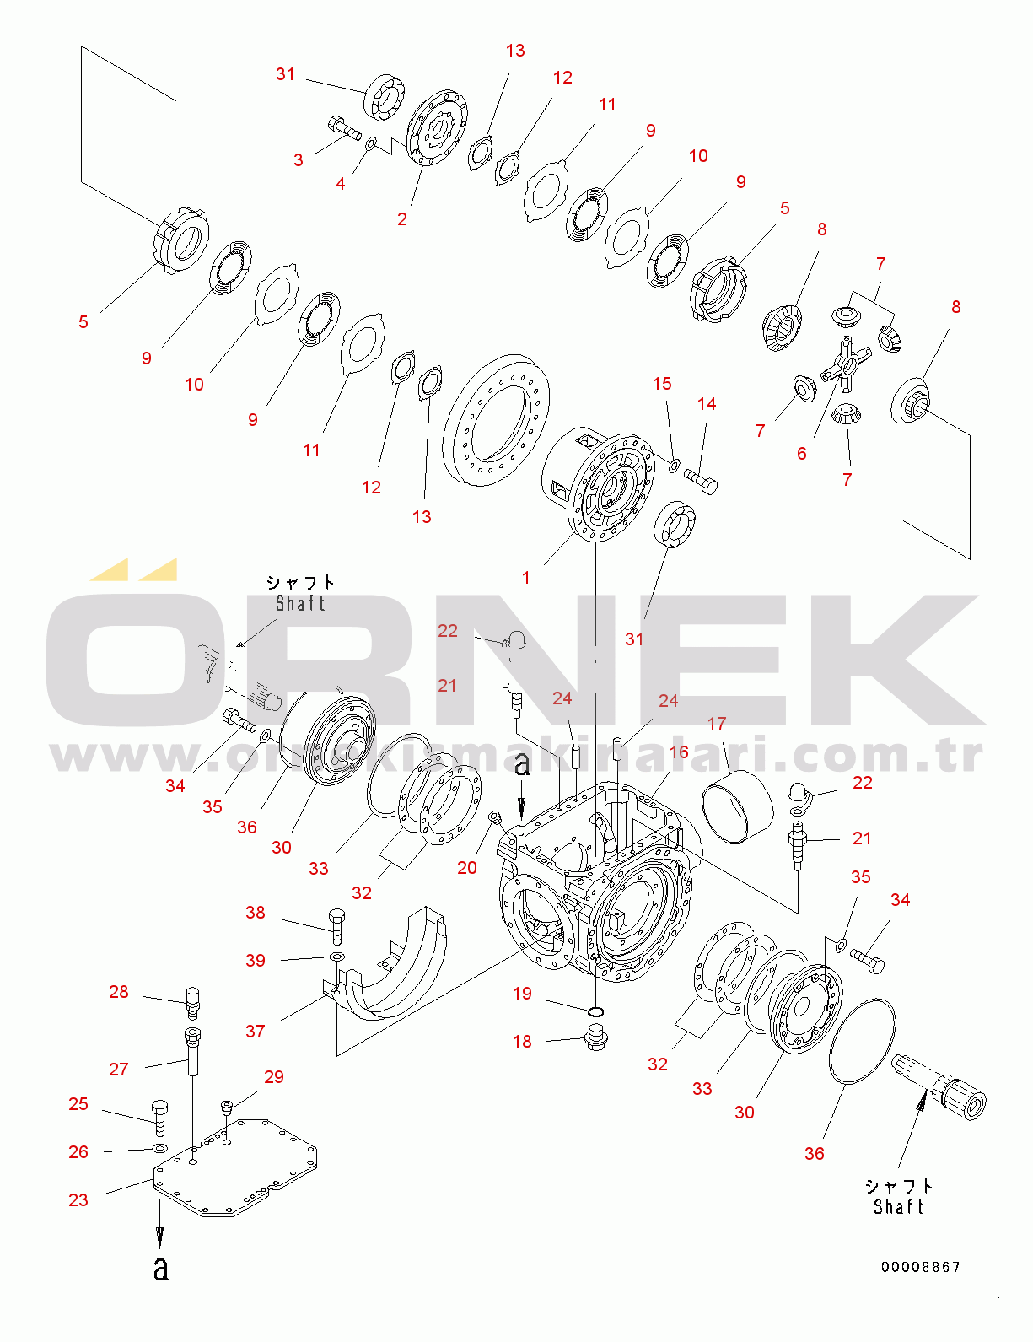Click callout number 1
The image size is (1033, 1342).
coord(526,578)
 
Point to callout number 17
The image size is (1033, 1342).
coord(717,724)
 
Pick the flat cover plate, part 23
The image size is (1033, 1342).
coord(236,1168)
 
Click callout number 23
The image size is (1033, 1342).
coord(78,1199)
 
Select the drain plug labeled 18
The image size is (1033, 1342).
coord(596,1037)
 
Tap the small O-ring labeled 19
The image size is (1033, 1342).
coord(596,1011)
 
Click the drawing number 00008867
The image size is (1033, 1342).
coord(921,1267)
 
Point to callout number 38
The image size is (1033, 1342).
coord(256,912)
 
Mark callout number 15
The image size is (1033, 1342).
coord(662,384)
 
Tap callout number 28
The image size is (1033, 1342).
coord(119,992)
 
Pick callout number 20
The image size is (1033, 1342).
coord(467,867)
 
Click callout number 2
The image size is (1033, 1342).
coord(402,219)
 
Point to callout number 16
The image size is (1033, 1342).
coord(679,752)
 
